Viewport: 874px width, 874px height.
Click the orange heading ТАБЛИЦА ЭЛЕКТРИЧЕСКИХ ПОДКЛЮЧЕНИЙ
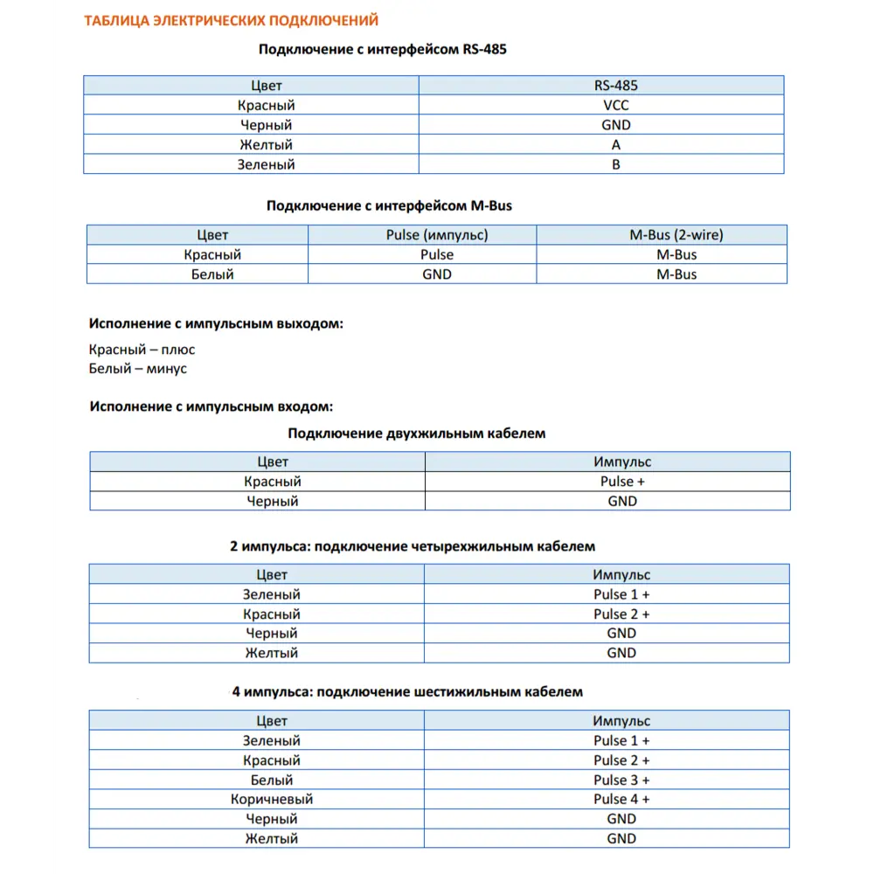pos(231,20)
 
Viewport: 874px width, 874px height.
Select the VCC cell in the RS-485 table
pos(615,106)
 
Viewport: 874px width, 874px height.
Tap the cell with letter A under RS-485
pos(615,145)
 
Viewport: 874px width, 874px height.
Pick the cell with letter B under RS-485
pos(615,164)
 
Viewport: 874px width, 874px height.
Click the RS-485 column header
pos(615,86)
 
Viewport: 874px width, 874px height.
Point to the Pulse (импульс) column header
pos(437,235)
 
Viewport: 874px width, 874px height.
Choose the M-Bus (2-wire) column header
pos(676,235)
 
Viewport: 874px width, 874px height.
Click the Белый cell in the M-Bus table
pos(212,274)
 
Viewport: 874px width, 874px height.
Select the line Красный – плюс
pos(142,350)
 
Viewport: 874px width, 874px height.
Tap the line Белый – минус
pos(137,369)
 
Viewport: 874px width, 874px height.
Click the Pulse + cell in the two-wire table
pos(622,482)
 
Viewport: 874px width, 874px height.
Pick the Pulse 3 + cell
pos(621,780)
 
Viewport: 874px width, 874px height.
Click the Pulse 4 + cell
pos(621,800)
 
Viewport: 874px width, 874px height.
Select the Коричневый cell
pos(271,800)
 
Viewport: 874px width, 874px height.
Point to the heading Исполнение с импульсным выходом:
pos(216,324)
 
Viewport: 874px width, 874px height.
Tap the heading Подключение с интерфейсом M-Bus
pos(389,206)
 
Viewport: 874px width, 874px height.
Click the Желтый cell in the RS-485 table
pos(266,145)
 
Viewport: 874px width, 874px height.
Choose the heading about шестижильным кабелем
pos(407,692)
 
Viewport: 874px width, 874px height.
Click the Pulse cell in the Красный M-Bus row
pos(436,255)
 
